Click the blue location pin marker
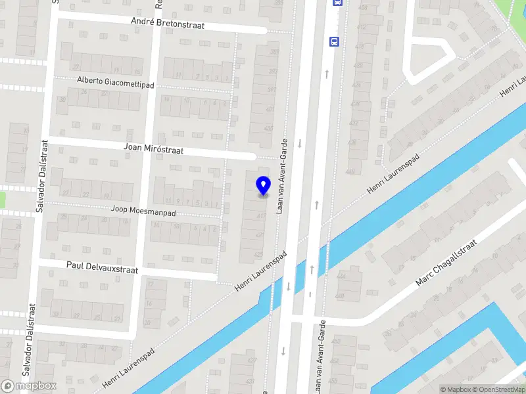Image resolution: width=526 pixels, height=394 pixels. pos(263,185)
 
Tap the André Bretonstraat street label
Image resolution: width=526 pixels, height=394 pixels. pos(168,24)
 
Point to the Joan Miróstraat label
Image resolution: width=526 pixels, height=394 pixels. pos(154,149)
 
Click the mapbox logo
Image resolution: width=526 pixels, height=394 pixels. pos(29,385)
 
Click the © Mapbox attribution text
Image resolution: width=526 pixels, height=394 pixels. pos(456,389)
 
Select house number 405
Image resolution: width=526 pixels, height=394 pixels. pos(268,128)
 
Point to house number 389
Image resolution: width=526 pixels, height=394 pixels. pos(274,52)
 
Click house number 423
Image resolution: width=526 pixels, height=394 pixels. pos(258,254)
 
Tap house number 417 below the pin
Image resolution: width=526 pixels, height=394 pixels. pos(261,215)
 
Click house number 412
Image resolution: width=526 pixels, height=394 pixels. pos(361,27)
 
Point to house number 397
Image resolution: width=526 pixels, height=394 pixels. pos(272,90)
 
